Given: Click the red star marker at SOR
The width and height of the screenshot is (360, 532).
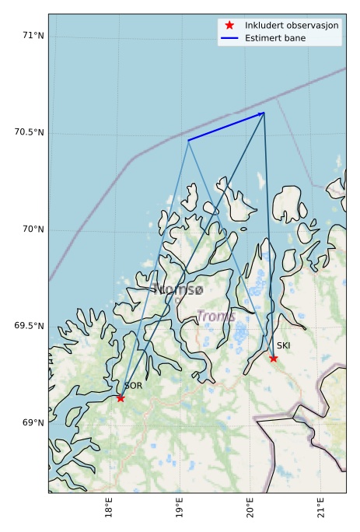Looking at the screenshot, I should [x=121, y=397].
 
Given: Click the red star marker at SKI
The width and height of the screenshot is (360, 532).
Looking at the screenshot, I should [x=273, y=358].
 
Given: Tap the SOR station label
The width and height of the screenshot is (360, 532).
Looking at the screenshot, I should [x=133, y=386].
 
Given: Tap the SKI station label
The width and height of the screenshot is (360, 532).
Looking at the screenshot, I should [x=284, y=345].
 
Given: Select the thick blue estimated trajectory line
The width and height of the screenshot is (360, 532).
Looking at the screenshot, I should [x=225, y=127].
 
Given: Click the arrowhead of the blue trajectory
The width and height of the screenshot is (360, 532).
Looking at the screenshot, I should [x=262, y=114].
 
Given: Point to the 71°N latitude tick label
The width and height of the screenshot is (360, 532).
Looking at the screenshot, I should [x=31, y=35].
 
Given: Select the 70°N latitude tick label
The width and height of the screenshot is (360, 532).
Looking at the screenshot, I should [x=31, y=229].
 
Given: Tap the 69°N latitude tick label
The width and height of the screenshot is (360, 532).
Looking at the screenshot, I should [x=31, y=423].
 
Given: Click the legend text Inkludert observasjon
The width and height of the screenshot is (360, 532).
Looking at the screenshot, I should [x=292, y=25].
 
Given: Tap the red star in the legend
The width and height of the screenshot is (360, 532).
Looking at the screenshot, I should [x=229, y=25].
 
